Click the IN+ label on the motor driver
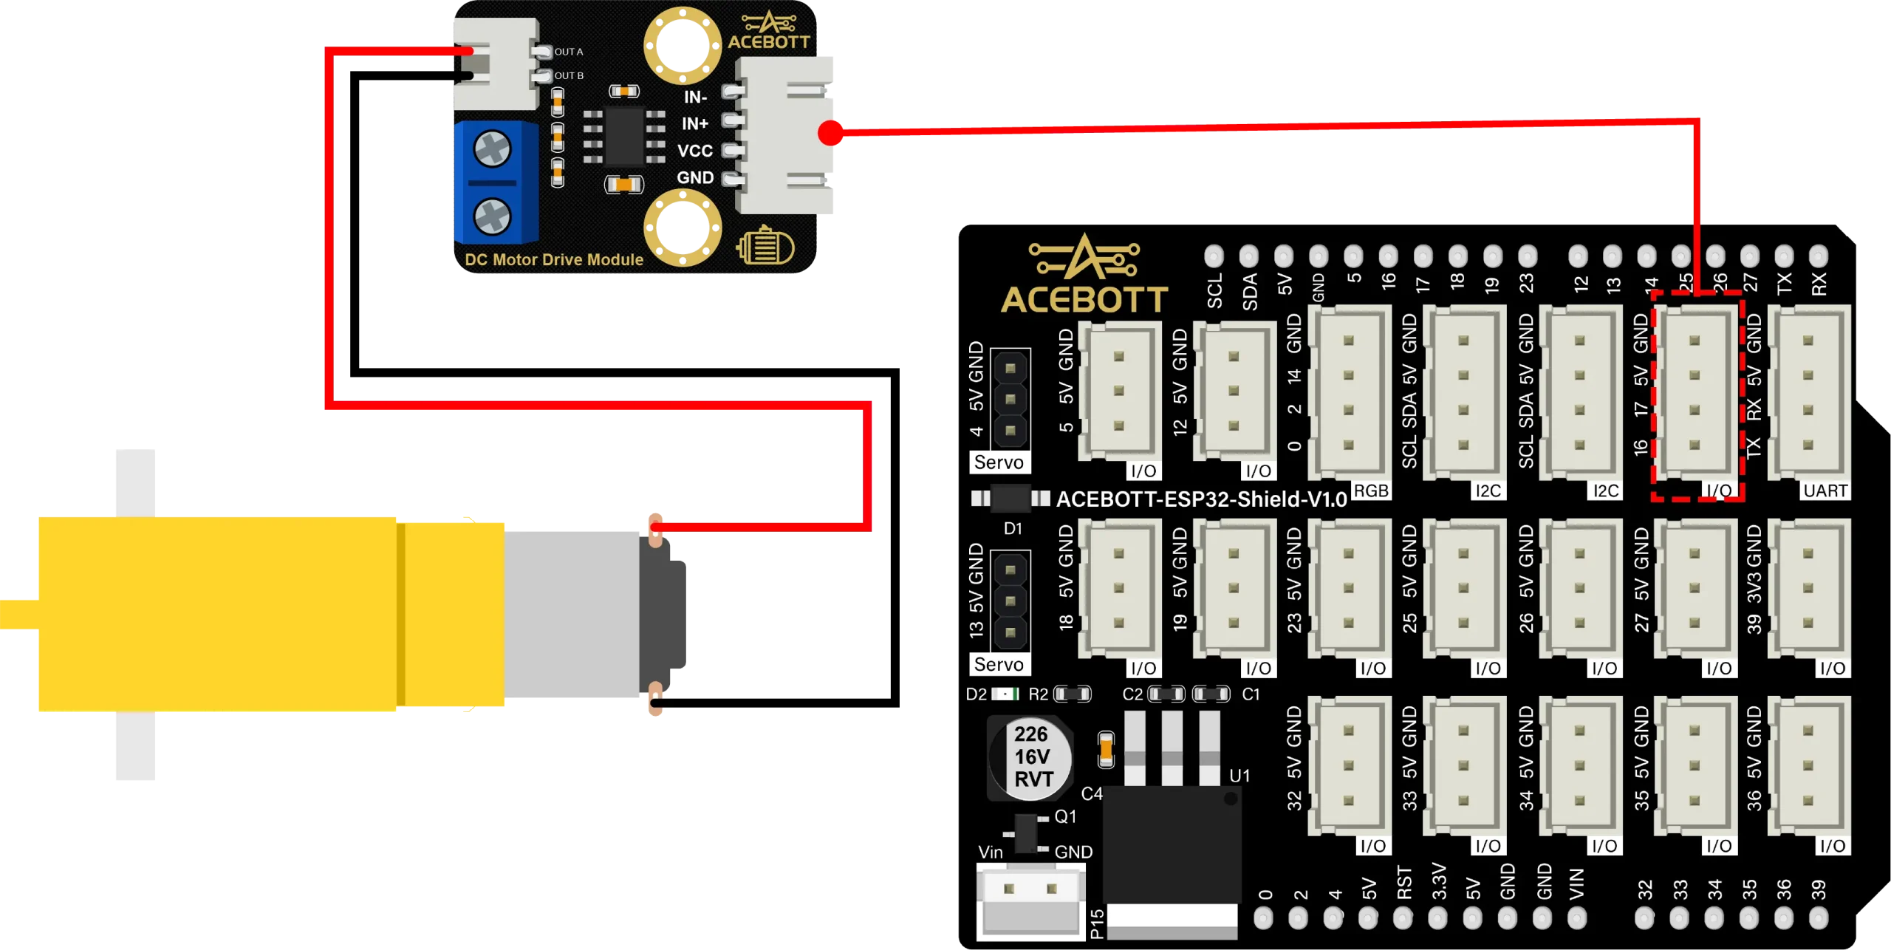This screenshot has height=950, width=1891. (x=694, y=123)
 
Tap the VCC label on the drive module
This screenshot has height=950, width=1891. (x=694, y=151)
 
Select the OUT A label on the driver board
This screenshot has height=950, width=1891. (x=568, y=52)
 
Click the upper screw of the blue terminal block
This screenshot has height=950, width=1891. (x=491, y=148)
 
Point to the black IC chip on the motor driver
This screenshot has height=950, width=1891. (x=623, y=137)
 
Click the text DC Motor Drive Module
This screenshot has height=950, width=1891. (x=553, y=260)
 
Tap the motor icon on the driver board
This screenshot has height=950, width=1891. (x=765, y=247)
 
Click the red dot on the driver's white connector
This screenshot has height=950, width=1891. (x=831, y=134)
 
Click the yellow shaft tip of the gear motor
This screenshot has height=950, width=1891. (x=16, y=615)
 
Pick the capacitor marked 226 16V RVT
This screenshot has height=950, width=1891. (x=1031, y=756)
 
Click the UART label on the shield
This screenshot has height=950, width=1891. (x=1825, y=491)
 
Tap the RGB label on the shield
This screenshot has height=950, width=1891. (x=1370, y=491)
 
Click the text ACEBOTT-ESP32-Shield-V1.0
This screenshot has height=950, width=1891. (x=1201, y=499)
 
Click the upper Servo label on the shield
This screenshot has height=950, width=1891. (x=999, y=462)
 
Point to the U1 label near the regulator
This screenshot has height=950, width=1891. (x=1239, y=776)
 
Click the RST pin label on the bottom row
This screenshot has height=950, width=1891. (x=1404, y=883)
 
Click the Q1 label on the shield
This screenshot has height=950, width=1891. (x=1065, y=816)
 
